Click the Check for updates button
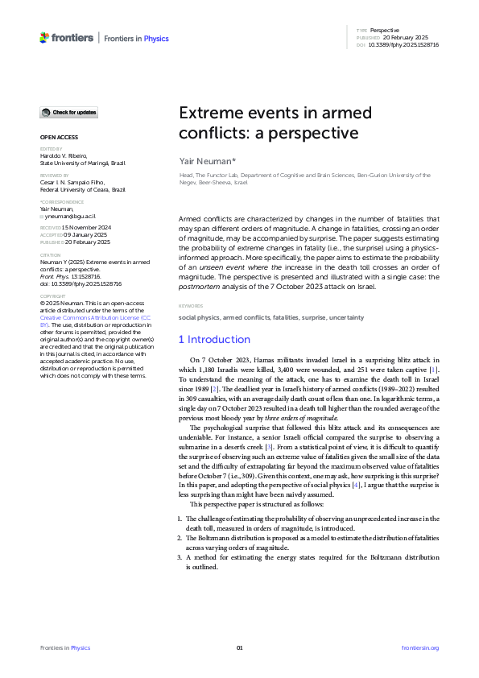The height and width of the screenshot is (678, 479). pyautogui.click(x=69, y=112)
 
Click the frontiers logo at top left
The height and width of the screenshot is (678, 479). pyautogui.click(x=65, y=37)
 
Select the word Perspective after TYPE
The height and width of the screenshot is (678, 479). pyautogui.click(x=384, y=30)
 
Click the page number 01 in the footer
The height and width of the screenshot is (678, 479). pyautogui.click(x=239, y=647)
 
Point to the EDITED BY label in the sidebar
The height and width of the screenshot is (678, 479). pyautogui.click(x=50, y=149)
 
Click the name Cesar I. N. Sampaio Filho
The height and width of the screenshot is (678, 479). pyautogui.click(x=77, y=183)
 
